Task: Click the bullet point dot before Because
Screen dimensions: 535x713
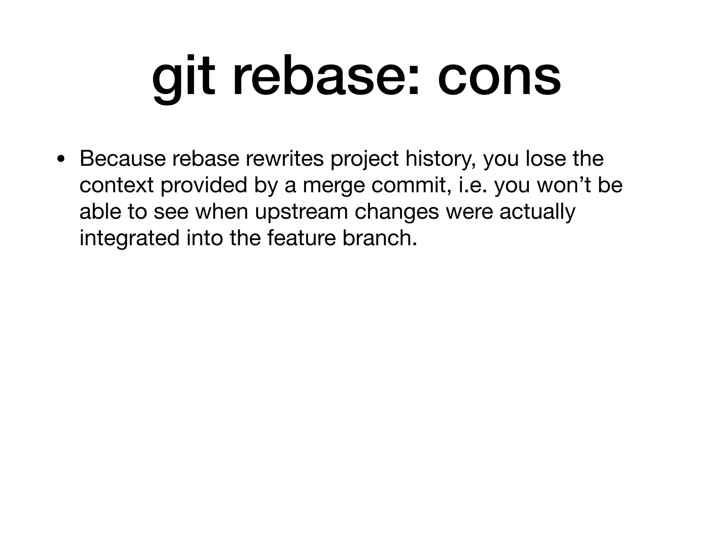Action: coord(61,159)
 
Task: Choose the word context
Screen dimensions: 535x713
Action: coord(117,185)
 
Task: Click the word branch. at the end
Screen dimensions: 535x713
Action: coord(380,238)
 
